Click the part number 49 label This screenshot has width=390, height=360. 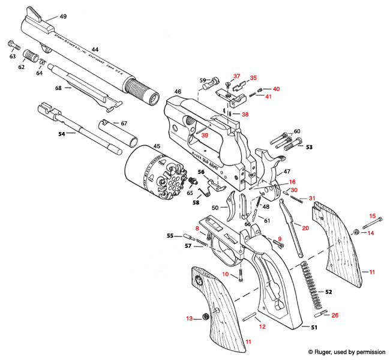click(63, 16)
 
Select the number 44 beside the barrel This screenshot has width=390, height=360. click(95, 50)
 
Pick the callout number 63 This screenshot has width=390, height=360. click(12, 56)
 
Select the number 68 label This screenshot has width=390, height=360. click(58, 88)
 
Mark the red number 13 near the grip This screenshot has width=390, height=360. click(190, 318)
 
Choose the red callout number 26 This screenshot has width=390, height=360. click(335, 314)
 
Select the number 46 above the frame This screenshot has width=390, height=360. click(178, 92)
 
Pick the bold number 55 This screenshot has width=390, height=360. click(170, 235)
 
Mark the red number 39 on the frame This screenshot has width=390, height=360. click(205, 136)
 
